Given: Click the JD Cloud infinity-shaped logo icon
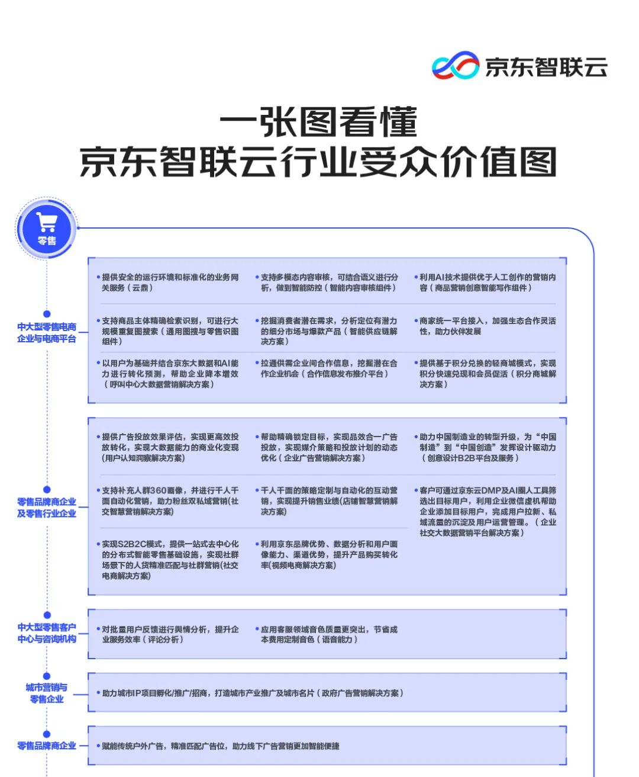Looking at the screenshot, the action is click(x=455, y=66).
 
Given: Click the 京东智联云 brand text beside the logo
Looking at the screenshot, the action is click(x=546, y=67).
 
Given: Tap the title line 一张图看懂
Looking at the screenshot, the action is click(x=319, y=122).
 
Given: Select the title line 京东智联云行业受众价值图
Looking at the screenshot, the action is click(x=319, y=162).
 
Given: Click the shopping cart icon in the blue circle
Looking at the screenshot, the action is click(x=47, y=222).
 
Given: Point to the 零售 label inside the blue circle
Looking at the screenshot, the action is click(x=47, y=241).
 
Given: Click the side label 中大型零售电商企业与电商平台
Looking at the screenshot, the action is click(x=47, y=333).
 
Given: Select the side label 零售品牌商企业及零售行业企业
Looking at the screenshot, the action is click(x=47, y=508).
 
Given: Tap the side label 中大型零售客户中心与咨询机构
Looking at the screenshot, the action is click(x=47, y=633).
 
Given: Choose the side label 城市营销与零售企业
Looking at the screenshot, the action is click(x=47, y=693).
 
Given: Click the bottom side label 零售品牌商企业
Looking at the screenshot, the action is click(x=47, y=746).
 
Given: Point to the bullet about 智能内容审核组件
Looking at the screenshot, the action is click(x=329, y=282).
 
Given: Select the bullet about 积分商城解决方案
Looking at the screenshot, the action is click(x=488, y=374).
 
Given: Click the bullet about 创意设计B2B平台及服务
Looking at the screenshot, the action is click(x=488, y=447).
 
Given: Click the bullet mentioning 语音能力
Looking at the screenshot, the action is click(x=329, y=634).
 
